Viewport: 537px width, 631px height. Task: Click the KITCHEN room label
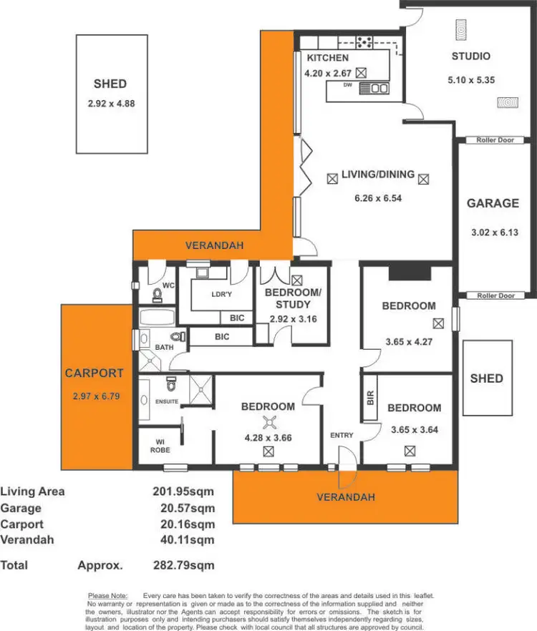tap(328, 58)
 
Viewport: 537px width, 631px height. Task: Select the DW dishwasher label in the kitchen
tap(347, 85)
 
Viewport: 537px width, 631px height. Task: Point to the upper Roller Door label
tap(495, 140)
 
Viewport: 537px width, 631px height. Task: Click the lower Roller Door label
tap(495, 295)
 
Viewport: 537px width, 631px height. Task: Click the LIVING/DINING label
tap(377, 175)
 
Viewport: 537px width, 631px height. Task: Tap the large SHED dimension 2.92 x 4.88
tap(111, 104)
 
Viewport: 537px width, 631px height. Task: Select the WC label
tap(168, 285)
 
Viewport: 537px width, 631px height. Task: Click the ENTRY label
tap(342, 435)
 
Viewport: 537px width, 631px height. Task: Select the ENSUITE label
tap(168, 401)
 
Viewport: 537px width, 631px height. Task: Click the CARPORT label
tap(94, 373)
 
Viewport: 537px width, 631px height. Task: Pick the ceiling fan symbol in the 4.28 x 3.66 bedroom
tap(268, 422)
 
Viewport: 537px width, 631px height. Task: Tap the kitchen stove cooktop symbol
tap(364, 41)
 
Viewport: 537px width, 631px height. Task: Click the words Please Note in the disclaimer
tap(107, 595)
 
